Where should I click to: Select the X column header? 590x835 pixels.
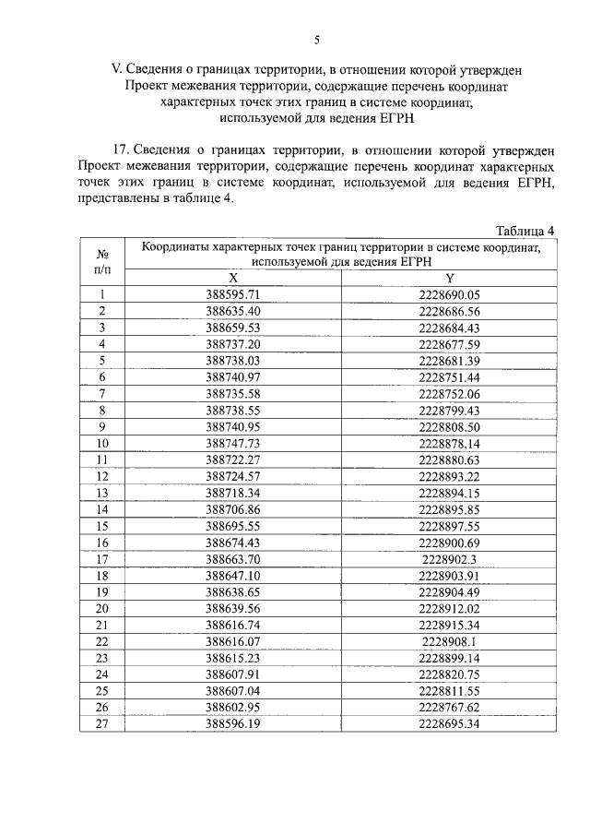tap(233, 279)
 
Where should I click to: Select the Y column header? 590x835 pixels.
tap(450, 279)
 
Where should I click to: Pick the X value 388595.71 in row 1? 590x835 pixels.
tap(233, 295)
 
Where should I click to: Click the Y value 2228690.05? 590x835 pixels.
tap(450, 295)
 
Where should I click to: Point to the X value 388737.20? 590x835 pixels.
tap(233, 344)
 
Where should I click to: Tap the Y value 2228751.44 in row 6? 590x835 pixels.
tap(450, 376)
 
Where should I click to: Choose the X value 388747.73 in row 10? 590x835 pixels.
tap(233, 443)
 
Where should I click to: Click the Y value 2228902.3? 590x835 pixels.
tap(450, 559)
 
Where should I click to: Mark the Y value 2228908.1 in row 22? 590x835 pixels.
tap(450, 641)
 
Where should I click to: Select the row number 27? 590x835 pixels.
tap(102, 723)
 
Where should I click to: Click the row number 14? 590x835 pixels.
tap(102, 509)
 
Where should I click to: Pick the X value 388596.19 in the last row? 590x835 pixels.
tap(233, 723)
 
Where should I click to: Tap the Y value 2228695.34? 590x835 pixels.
tap(450, 723)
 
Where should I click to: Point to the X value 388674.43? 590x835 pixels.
tap(233, 543)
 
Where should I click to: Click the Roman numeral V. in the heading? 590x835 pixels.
tap(116, 68)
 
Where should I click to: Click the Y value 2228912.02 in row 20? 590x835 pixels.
tap(450, 608)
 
